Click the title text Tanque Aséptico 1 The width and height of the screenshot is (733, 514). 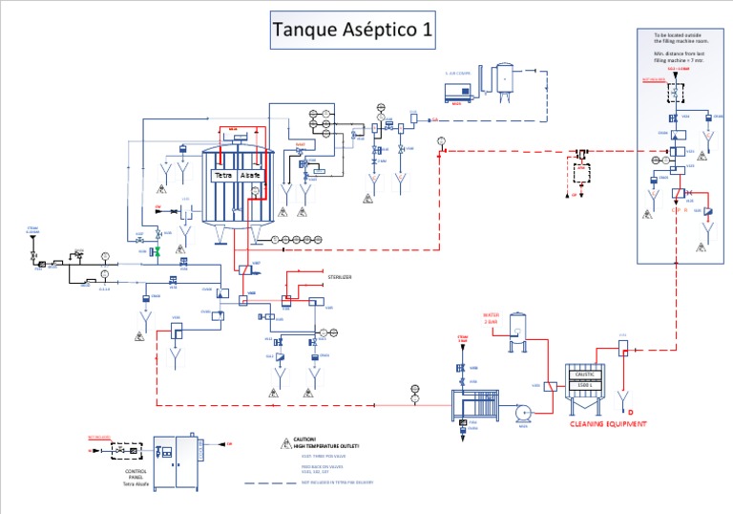tap(352, 30)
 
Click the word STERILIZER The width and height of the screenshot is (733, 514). tap(341, 277)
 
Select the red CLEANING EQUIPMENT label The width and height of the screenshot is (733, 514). tap(608, 423)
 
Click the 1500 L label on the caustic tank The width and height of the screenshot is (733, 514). tap(582, 386)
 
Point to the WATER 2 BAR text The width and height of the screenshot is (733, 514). tap(491, 319)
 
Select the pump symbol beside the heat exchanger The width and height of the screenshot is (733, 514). tap(523, 412)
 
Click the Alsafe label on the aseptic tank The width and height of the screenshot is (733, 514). tap(250, 177)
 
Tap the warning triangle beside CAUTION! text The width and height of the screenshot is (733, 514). tap(284, 443)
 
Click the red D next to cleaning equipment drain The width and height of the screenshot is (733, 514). tap(630, 411)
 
